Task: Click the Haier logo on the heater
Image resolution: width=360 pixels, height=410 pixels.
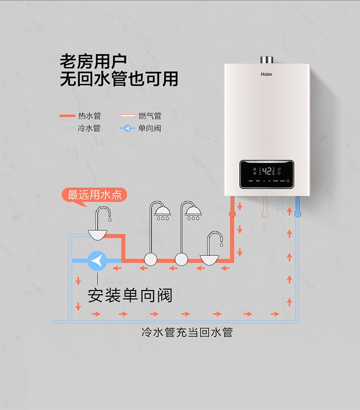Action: (266, 75)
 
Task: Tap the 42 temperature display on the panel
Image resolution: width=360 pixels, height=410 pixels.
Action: (267, 171)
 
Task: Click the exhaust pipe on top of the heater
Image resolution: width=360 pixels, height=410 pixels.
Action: (266, 60)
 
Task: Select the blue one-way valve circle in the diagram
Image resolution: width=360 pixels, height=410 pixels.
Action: (97, 261)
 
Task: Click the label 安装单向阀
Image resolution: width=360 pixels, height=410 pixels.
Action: (130, 295)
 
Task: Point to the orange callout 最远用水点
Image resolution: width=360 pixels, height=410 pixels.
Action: (94, 195)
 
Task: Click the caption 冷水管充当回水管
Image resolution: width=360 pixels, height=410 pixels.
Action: (187, 332)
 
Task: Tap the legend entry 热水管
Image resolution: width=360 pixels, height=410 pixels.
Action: (89, 116)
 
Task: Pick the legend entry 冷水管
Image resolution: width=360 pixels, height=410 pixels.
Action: (89, 129)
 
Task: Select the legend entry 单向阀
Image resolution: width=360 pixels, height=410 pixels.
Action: (149, 129)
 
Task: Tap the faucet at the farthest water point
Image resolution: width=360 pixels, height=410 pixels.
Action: (102, 214)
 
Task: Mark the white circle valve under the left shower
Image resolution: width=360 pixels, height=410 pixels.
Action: (151, 260)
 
